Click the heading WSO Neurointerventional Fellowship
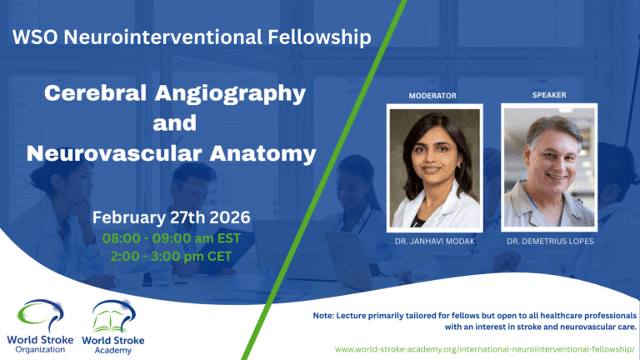click(x=187, y=37)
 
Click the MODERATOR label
click(x=432, y=96)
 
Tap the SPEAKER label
click(x=549, y=95)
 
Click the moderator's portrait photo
click(x=434, y=168)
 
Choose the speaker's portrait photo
click(x=549, y=167)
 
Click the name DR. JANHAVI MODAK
click(x=434, y=242)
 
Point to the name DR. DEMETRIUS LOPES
click(x=549, y=242)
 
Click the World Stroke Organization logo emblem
click(x=39, y=316)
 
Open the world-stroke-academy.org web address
click(x=485, y=346)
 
